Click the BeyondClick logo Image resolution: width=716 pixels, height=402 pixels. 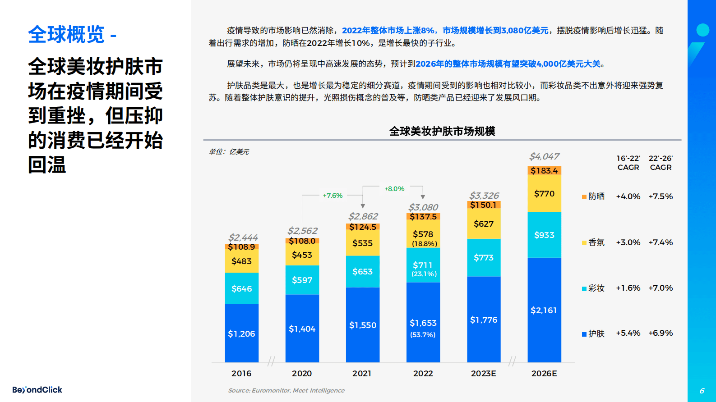(37, 390)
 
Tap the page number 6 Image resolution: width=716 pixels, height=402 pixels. (702, 391)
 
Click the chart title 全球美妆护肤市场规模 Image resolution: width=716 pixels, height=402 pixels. (442, 131)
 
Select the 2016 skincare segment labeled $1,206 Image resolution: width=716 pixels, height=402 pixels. (241, 333)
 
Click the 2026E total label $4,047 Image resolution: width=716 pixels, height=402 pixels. (544, 156)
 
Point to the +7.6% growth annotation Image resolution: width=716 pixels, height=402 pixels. (333, 196)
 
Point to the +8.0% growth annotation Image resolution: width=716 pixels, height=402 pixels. (394, 189)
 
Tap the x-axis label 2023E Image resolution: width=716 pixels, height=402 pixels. (483, 374)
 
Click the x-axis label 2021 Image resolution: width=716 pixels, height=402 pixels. (362, 374)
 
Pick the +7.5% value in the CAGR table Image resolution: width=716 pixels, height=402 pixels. (661, 196)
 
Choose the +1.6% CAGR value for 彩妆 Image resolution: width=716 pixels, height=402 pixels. (628, 288)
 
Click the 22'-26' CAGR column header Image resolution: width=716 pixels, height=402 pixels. (661, 163)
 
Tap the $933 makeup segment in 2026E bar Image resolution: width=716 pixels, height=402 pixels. (544, 235)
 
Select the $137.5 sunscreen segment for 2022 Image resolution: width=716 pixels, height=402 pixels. (423, 217)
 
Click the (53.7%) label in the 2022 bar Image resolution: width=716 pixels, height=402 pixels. (423, 335)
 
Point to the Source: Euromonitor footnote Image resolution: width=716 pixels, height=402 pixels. (286, 390)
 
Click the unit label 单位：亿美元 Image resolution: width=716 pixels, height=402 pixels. (229, 152)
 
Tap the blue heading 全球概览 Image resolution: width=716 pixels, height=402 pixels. (66, 35)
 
